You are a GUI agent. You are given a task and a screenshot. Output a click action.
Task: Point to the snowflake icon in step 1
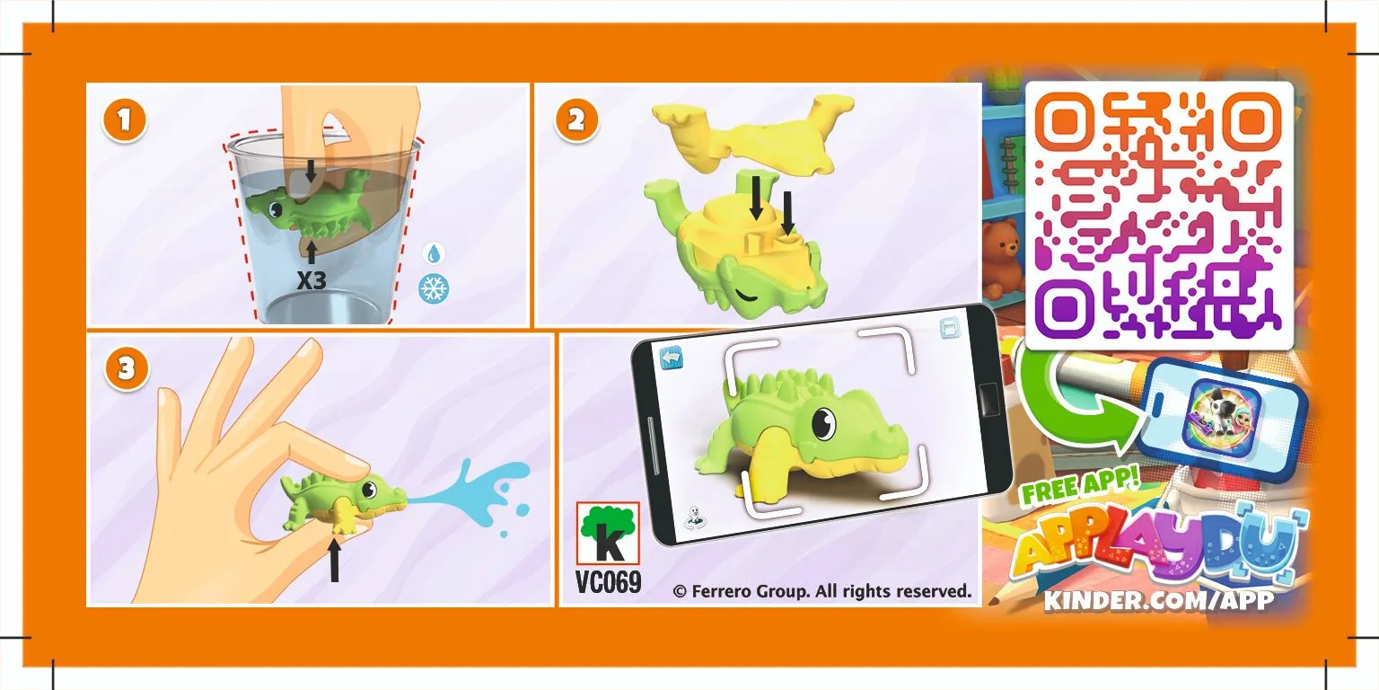point(434,288)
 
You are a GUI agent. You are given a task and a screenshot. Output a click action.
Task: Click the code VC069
point(608,583)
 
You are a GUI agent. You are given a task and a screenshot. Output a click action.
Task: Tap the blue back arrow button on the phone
point(672,358)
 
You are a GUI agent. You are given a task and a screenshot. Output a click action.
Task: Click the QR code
point(1159,216)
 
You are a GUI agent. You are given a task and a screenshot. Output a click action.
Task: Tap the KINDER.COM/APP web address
point(1158,600)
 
